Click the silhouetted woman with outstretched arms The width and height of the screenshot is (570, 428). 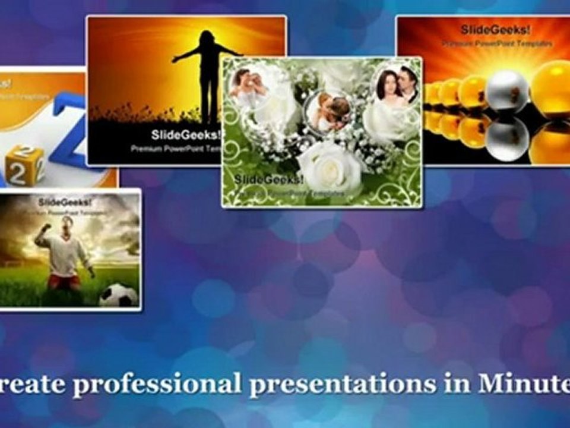(208, 77)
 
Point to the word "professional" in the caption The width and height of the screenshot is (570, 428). (157, 384)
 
